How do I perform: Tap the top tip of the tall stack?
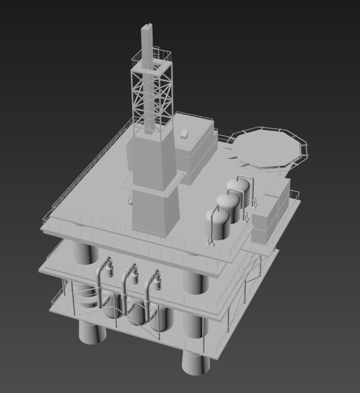147,27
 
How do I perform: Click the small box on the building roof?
184,134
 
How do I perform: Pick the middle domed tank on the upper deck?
228,206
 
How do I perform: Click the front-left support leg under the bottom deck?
91,333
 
